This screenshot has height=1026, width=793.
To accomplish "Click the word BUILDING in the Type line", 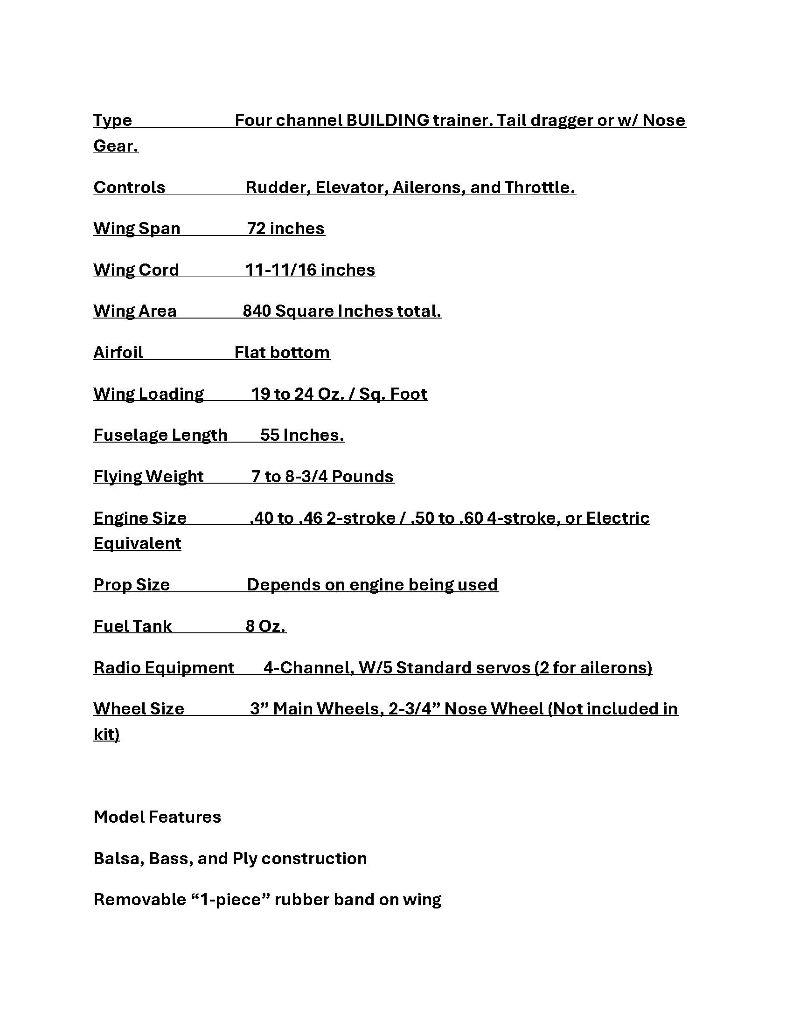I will point(388,121).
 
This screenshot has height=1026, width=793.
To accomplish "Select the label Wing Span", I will point(137,229).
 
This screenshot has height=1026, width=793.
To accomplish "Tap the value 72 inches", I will point(285,229).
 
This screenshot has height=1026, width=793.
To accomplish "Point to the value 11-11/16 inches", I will point(310,270).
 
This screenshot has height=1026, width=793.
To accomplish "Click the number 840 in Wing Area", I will point(257,311).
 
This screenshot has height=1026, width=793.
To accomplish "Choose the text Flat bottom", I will point(282,353).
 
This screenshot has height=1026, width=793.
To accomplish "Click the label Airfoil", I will point(118,353).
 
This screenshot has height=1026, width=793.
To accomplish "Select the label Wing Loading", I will point(148,394).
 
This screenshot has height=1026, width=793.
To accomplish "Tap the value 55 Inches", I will point(302,436).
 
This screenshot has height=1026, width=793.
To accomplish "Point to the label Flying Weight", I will point(148,477).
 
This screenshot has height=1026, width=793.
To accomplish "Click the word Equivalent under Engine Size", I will point(137,543).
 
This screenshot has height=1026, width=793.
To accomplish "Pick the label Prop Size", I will point(132,585).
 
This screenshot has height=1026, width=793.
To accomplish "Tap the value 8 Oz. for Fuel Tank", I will point(265,627).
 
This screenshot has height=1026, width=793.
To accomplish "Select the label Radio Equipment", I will point(163,668).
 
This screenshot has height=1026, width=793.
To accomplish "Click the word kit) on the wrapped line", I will point(107,735).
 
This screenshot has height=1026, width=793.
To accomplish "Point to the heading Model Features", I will point(157,818).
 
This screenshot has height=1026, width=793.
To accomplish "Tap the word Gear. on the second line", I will point(116,146).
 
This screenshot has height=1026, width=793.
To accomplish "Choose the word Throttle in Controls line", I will point(539,188).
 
